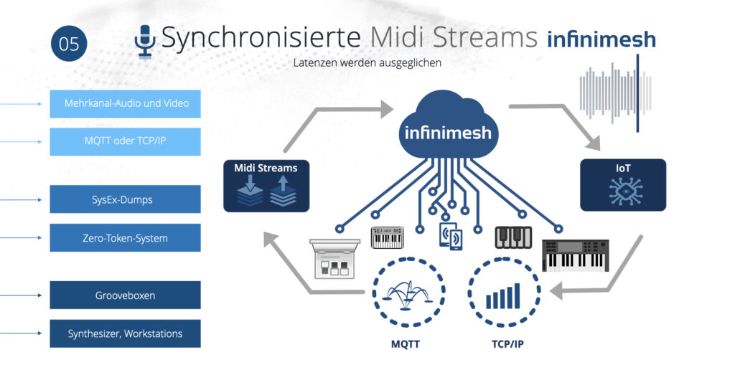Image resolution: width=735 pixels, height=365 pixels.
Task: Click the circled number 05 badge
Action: (x=69, y=44)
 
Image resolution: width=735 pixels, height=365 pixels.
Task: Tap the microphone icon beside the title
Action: (x=145, y=41)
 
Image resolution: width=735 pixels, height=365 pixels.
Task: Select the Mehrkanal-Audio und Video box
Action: (x=125, y=103)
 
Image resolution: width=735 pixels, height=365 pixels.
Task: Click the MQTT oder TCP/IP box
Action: (x=125, y=141)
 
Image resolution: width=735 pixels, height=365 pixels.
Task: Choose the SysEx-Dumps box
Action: (x=125, y=199)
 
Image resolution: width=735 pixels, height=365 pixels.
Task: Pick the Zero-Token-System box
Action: (x=125, y=237)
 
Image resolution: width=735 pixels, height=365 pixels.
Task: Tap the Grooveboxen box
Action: (x=125, y=295)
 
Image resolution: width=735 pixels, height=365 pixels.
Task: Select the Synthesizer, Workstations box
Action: (x=125, y=333)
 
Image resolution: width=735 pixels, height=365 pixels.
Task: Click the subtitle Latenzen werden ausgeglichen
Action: (x=367, y=63)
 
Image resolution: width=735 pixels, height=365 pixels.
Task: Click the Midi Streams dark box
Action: (x=266, y=186)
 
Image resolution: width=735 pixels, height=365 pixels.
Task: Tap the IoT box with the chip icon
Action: (x=623, y=185)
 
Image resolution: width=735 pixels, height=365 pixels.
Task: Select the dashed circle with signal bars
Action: (x=504, y=291)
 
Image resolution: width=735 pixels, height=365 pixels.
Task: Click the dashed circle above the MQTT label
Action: (x=408, y=291)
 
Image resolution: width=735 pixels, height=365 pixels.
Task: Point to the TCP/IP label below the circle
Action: (x=507, y=344)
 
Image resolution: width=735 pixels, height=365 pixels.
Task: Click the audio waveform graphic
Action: (x=615, y=93)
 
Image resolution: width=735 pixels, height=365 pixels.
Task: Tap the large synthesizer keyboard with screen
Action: (x=576, y=255)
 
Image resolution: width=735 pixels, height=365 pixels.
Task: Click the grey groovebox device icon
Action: (x=334, y=259)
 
